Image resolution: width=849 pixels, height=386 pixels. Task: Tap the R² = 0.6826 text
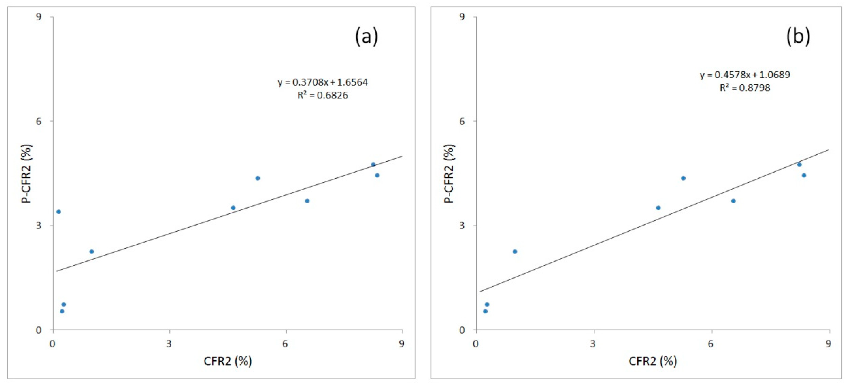pos(323,95)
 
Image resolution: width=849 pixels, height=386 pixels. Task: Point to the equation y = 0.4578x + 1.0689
pos(745,75)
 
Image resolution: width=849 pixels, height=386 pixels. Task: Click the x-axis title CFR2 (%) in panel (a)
pos(228,361)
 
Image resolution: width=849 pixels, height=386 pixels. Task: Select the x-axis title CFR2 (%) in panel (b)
pos(653,361)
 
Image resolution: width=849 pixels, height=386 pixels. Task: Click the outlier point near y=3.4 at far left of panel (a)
pos(59,212)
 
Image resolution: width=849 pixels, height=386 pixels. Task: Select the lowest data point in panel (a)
pos(62,311)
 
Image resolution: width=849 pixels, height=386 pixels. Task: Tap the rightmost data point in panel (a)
pos(377,175)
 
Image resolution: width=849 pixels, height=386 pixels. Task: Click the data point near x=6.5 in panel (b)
pos(733,201)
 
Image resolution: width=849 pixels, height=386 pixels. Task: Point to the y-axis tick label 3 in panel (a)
pos(39,226)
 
